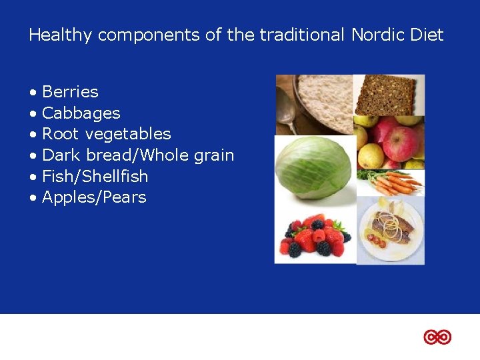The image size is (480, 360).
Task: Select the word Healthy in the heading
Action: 61,35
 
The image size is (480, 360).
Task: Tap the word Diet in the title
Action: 429,35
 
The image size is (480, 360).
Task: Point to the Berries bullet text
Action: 70,92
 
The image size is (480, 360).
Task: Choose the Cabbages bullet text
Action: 81,113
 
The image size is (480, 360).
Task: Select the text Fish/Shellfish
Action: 95,177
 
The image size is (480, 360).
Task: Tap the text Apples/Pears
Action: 94,197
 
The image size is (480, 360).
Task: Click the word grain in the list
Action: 214,155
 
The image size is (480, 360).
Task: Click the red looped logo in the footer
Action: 437,337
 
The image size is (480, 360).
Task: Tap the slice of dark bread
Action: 388,94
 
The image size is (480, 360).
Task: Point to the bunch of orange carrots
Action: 393,182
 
